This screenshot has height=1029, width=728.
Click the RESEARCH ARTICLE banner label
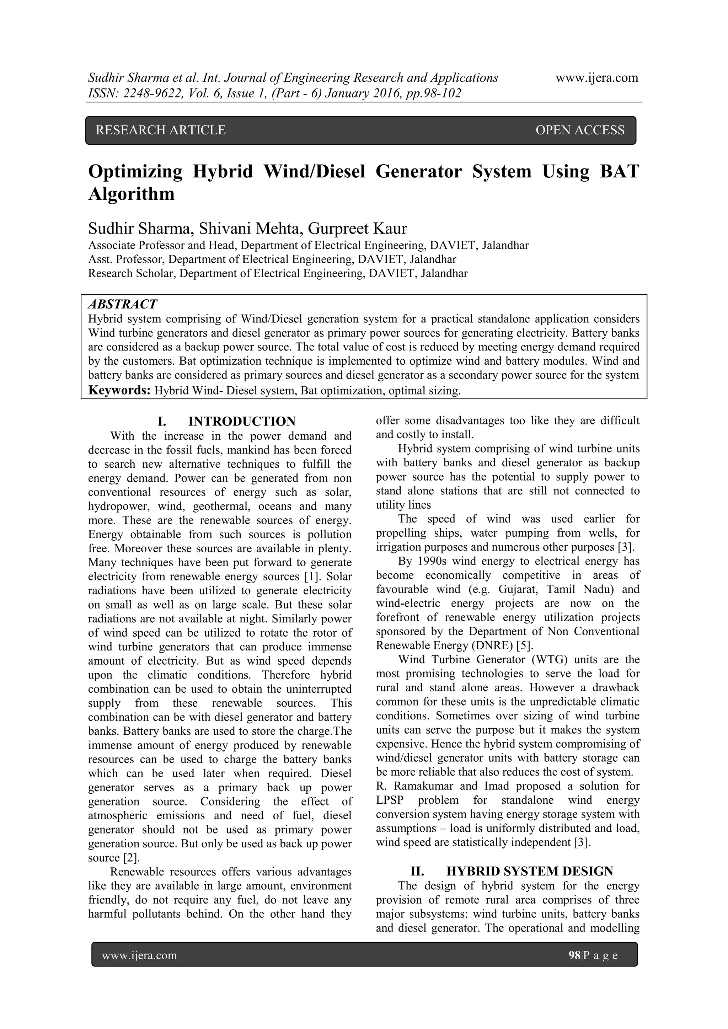[160, 130]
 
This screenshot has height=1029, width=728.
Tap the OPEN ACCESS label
[580, 130]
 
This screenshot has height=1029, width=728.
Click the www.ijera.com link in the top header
[597, 78]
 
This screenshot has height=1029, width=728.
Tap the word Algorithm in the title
[131, 194]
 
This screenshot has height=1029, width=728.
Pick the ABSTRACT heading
[122, 304]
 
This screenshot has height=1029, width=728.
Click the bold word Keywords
[119, 390]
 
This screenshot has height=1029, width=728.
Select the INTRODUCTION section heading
[242, 421]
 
